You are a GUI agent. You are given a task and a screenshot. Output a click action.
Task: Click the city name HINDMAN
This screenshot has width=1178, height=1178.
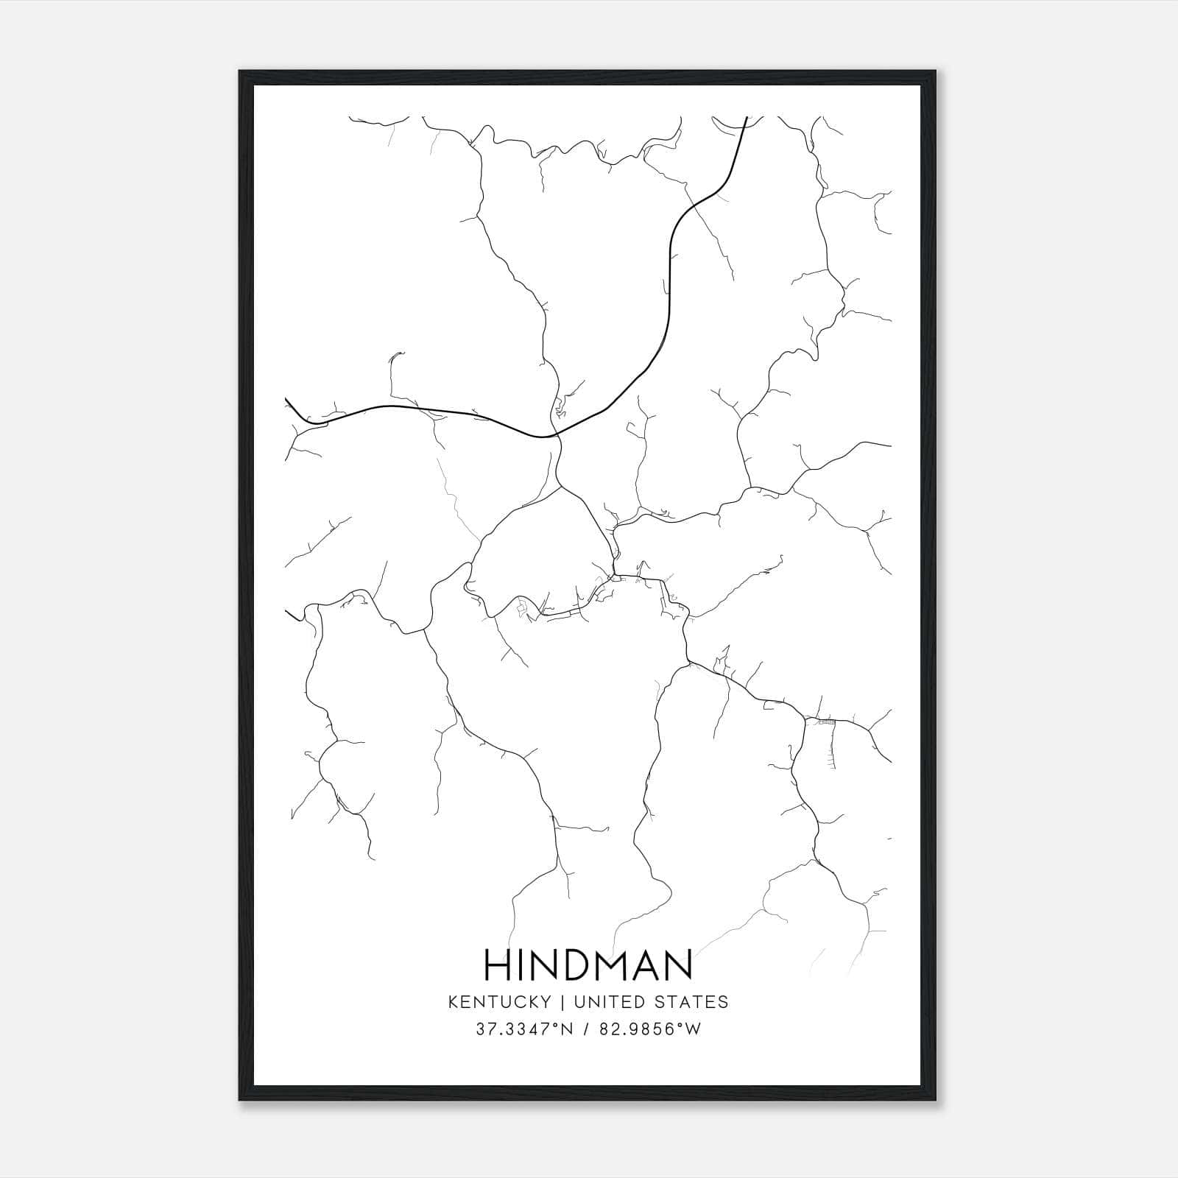point(588,964)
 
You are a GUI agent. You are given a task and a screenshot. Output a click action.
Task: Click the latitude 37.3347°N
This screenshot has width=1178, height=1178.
point(523,1029)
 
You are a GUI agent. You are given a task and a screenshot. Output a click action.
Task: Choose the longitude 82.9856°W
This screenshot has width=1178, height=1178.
point(650,1029)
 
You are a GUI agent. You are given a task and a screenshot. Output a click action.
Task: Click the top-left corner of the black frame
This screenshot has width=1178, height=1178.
point(240,71)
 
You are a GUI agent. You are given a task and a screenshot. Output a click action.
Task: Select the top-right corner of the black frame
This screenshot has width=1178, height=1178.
point(935,71)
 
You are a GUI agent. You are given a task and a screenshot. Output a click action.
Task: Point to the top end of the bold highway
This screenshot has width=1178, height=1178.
point(747,118)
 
